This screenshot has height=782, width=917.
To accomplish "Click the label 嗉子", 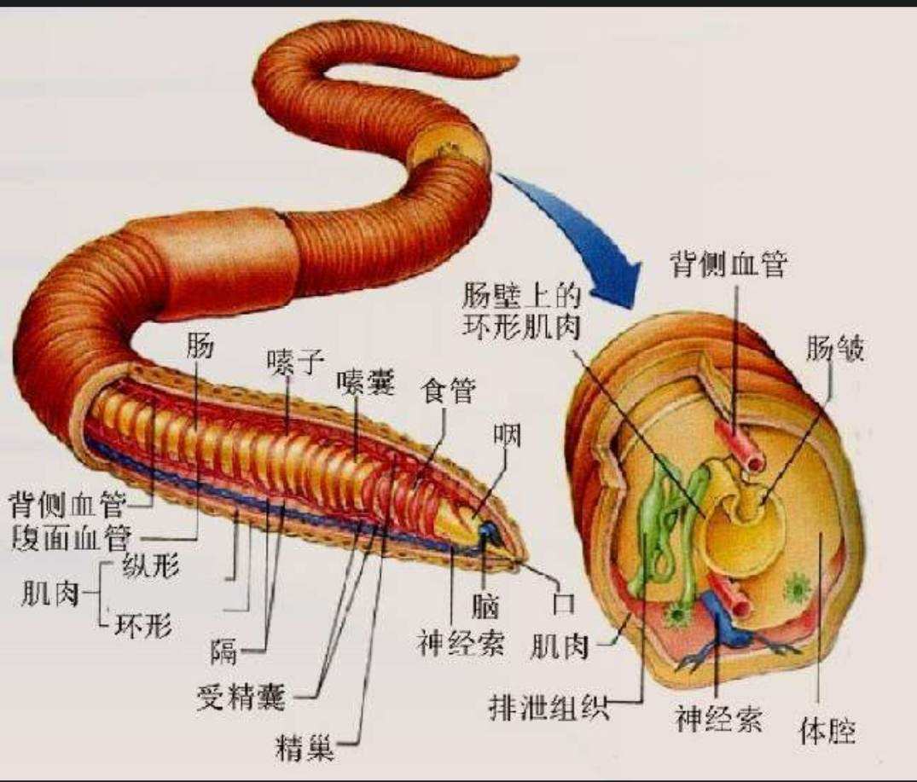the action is click(x=295, y=363).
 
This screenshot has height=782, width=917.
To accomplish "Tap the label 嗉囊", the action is click(x=366, y=385).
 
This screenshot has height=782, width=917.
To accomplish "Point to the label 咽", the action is click(x=507, y=436).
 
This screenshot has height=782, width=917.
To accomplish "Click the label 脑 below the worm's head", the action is click(x=485, y=606).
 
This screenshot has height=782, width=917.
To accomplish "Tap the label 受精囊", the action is click(x=241, y=697).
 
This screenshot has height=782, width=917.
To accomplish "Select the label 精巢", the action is click(x=305, y=748).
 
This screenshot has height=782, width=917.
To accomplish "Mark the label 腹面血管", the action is click(x=70, y=537).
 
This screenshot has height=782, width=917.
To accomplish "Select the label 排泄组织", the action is click(x=548, y=709).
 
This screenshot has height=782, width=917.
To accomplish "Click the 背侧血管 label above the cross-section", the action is click(x=728, y=264).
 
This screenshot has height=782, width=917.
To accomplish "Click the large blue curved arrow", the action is click(x=576, y=234).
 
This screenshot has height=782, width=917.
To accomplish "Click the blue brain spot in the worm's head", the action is click(x=488, y=531).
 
